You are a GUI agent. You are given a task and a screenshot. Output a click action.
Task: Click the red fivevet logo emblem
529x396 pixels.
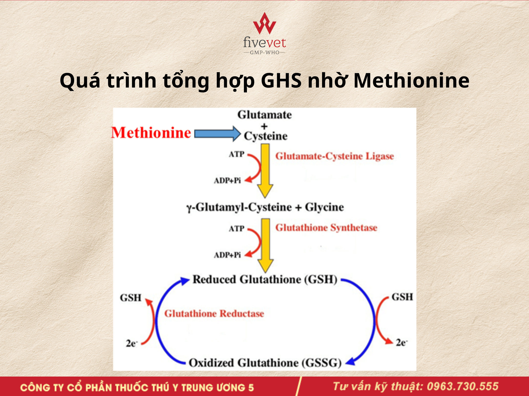pyautogui.click(x=264, y=23)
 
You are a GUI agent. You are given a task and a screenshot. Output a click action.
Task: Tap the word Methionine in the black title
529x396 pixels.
pyautogui.click(x=411, y=81)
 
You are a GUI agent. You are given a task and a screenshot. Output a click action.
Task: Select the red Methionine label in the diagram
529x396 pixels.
pyautogui.click(x=151, y=133)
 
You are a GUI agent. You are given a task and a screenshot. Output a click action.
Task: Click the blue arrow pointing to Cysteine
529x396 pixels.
pyautogui.click(x=217, y=134)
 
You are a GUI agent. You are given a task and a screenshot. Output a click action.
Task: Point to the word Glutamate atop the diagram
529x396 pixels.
pyautogui.click(x=265, y=115)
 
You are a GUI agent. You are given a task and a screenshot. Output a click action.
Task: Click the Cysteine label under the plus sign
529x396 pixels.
pyautogui.click(x=266, y=136)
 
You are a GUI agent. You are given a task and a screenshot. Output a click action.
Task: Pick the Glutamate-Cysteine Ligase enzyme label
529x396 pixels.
pyautogui.click(x=335, y=156)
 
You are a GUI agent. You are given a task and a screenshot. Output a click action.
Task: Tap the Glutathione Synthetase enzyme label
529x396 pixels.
pyautogui.click(x=326, y=228)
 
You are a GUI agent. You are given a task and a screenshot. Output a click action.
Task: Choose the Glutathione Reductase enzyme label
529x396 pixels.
pyautogui.click(x=214, y=314)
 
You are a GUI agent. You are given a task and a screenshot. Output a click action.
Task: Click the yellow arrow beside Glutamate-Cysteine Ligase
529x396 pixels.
pyautogui.click(x=265, y=171)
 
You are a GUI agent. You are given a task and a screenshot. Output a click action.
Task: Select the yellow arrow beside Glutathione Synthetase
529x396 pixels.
pyautogui.click(x=265, y=245)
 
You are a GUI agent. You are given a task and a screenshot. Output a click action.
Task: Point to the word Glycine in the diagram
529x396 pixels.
pyautogui.click(x=324, y=207)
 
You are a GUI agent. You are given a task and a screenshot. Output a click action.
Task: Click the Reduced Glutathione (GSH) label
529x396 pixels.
pyautogui.click(x=265, y=280)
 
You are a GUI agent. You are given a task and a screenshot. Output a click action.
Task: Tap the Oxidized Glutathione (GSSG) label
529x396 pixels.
pyautogui.click(x=265, y=363)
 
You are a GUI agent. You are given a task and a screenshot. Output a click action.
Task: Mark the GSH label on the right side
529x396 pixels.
pyautogui.click(x=402, y=297)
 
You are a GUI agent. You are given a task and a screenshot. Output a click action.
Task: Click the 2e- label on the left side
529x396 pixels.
pyautogui.click(x=132, y=343)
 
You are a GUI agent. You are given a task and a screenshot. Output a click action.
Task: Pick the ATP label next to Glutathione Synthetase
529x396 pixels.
pyautogui.click(x=237, y=229)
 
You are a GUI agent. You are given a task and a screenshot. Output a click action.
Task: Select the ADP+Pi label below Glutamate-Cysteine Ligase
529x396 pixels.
pyautogui.click(x=227, y=181)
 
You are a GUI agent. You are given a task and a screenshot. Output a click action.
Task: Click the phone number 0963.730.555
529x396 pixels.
pyautogui.click(x=463, y=386)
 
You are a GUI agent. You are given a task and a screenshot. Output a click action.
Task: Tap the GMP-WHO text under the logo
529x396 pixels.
pyautogui.click(x=264, y=52)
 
